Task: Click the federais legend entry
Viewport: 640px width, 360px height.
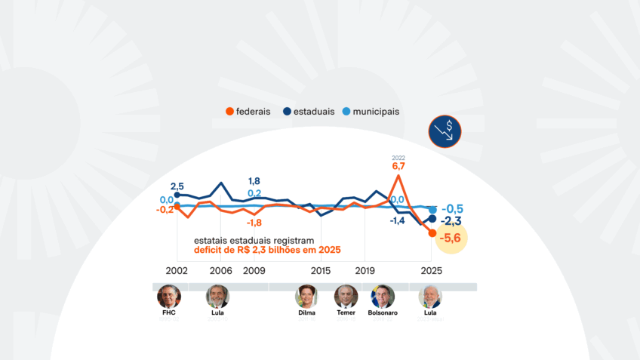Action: click(248, 112)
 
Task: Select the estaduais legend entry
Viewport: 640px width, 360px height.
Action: click(309, 112)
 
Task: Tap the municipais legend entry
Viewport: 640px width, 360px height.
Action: click(369, 112)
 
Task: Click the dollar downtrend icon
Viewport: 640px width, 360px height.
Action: click(444, 132)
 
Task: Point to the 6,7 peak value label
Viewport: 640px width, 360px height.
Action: click(398, 166)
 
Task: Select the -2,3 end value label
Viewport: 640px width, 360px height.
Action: click(451, 221)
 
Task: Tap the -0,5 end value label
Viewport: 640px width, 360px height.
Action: click(453, 209)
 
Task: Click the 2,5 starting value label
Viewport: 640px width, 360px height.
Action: click(177, 186)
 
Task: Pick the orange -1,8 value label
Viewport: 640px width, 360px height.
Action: click(254, 223)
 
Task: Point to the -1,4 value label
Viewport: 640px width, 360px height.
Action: click(398, 220)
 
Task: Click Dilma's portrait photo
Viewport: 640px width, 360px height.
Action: click(306, 296)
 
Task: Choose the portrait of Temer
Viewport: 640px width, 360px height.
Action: click(346, 296)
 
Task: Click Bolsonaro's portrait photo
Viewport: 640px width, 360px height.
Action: click(383, 296)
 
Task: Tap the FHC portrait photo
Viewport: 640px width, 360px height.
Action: click(168, 296)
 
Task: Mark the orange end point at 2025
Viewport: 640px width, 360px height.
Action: click(432, 233)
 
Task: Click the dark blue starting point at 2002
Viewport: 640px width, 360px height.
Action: click(177, 195)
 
